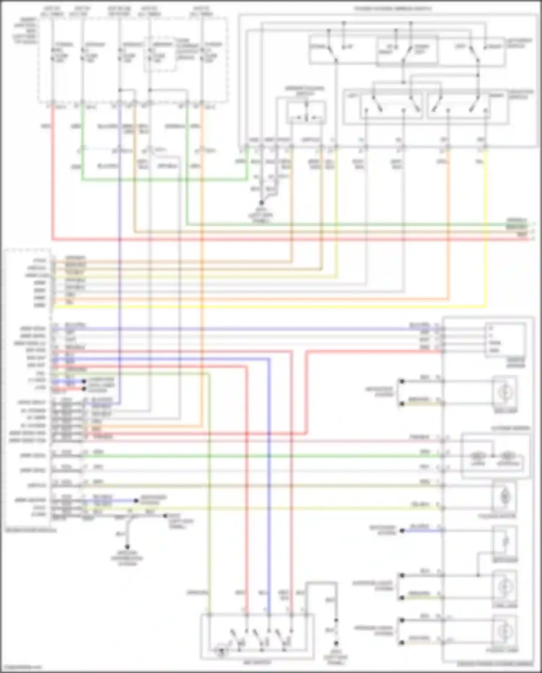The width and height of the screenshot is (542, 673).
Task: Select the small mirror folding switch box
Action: pos(306,113)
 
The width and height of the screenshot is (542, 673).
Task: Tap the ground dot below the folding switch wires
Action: pos(262,203)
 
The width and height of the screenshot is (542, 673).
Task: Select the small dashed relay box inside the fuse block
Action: pos(160,54)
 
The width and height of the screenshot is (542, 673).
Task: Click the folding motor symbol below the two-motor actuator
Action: pos(504,497)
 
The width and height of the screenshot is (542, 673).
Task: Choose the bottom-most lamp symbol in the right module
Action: pos(504,631)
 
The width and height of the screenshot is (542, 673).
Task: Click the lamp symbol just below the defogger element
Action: pos(504,587)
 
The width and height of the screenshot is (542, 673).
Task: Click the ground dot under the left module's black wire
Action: pos(127,547)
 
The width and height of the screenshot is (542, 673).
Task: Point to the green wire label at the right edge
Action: pos(516,220)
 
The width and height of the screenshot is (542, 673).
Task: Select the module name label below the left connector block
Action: pos(31,531)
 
